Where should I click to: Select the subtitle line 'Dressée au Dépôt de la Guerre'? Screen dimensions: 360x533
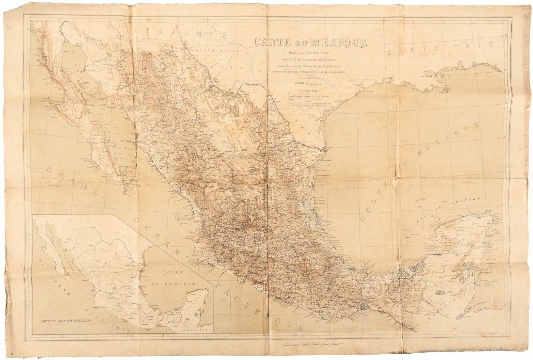point(310,52)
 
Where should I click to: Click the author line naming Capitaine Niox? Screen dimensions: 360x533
point(310,59)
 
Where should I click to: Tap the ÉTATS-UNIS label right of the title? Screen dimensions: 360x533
point(443,47)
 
